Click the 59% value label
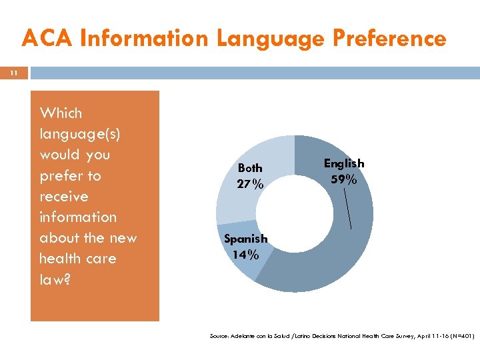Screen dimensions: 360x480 (344, 179)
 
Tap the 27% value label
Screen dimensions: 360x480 (250, 184)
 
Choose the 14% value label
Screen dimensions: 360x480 (245, 254)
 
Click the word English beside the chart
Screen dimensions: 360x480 (344, 163)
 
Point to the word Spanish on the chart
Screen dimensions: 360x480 (245, 239)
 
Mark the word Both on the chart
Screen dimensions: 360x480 (250, 168)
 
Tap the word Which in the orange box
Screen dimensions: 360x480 (61, 113)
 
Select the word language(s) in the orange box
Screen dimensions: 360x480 (80, 134)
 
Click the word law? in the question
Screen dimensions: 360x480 (55, 279)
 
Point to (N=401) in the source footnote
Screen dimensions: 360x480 (460, 337)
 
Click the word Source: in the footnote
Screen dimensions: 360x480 (220, 337)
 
